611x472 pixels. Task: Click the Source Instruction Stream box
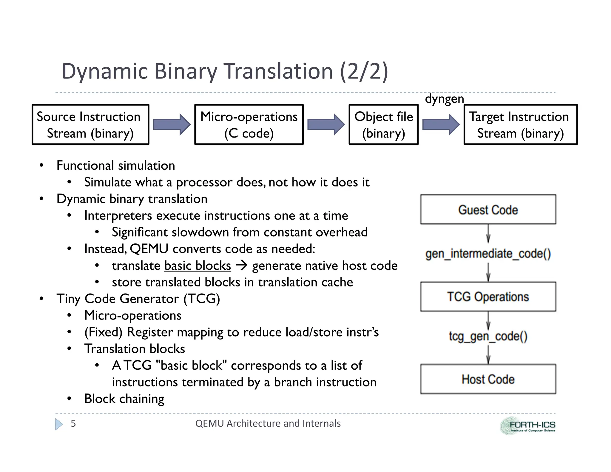[x=90, y=124]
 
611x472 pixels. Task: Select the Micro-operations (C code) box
[x=249, y=124]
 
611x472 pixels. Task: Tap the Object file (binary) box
[x=383, y=124]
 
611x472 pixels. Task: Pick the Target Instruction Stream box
[x=520, y=124]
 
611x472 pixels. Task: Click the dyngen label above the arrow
[x=444, y=99]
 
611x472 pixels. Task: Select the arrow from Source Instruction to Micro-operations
[x=172, y=124]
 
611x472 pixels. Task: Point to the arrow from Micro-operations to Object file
[x=326, y=124]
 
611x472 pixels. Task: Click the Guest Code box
[x=488, y=209]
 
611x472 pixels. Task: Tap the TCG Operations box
[x=488, y=297]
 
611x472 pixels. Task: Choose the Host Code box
[x=488, y=379]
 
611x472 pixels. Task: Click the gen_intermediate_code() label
[x=488, y=254]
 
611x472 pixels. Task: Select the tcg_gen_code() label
[x=488, y=336]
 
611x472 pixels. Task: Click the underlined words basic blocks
[x=198, y=266]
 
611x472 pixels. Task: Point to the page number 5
[x=73, y=423]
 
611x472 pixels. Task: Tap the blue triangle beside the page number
[x=59, y=424]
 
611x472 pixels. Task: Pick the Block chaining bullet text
[x=124, y=399]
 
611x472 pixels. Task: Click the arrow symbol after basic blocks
[x=242, y=265]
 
